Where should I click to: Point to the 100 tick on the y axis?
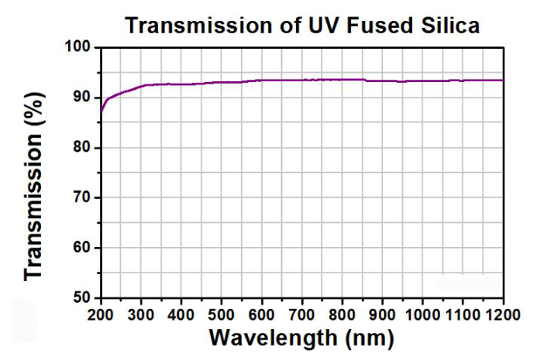pos(81,48)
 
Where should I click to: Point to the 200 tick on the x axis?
pos(101,314)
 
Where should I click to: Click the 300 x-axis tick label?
pos(141,314)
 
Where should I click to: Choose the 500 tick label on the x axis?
pos(222,314)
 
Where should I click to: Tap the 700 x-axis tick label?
pos(302,314)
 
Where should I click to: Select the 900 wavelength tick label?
pos(383,314)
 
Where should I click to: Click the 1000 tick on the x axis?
pos(423,314)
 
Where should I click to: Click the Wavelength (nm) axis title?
pos(302,338)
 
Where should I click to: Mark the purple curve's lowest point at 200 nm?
pos(102,111)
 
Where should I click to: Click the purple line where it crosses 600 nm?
pos(262,80)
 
